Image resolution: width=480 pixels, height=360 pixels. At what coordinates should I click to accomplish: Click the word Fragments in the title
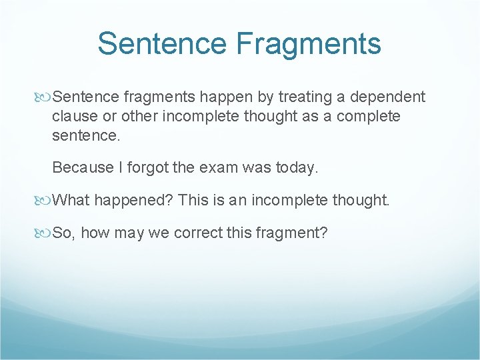point(308,43)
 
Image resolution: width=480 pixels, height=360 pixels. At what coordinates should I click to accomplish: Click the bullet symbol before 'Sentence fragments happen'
point(45,97)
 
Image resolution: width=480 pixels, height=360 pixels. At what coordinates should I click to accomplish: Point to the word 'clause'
point(74,116)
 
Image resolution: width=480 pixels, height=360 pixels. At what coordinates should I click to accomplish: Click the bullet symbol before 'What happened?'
point(45,200)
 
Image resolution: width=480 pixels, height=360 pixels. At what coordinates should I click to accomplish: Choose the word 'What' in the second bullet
point(70,200)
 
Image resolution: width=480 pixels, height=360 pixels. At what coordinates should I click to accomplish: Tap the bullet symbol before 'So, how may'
point(45,233)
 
